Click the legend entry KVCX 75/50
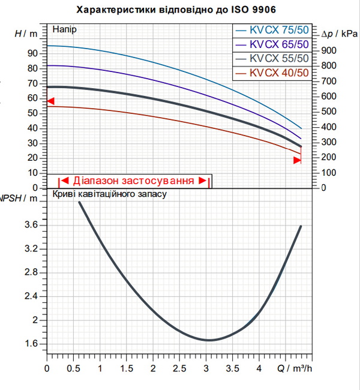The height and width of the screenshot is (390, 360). point(272,31)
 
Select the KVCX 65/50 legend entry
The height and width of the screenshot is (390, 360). point(272,45)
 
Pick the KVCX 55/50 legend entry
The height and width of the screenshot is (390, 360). point(272,59)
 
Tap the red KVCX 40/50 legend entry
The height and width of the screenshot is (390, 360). point(272,73)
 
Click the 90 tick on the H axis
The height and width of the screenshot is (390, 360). point(32,53)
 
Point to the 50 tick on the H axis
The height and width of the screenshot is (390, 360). point(32,113)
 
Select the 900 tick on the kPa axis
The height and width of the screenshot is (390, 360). point(329,51)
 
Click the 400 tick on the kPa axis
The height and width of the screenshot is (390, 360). point(329,127)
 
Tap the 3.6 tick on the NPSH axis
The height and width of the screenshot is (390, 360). point(31,225)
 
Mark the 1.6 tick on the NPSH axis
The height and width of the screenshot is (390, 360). point(31,344)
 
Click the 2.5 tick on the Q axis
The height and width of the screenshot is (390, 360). point(179,368)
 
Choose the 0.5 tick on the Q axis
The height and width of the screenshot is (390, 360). point(73,368)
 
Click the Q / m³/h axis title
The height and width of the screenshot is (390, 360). point(295,368)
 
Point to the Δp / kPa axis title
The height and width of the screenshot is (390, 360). point(340,34)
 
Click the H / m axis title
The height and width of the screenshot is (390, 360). point(26,34)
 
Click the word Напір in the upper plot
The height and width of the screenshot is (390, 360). point(64,29)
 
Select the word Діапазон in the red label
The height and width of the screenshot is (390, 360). point(95,181)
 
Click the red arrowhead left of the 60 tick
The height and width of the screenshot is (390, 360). point(51,101)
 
